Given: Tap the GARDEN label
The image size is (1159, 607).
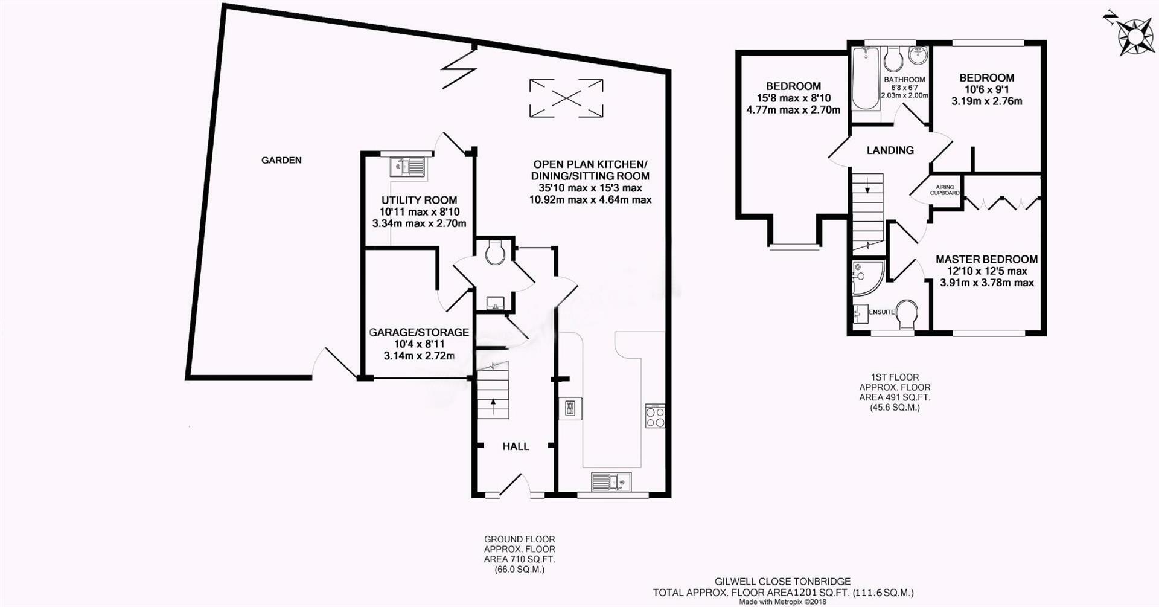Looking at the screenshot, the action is point(281,161).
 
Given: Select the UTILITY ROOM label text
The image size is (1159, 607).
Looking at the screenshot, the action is point(419,200).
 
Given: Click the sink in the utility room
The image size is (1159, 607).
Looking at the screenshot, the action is point(407,166).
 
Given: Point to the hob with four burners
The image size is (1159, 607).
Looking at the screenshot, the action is point(655,416).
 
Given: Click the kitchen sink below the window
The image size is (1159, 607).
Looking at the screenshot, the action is point(611,481).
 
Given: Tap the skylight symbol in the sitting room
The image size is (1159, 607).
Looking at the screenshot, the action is point(566,97).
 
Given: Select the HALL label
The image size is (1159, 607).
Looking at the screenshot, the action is point(516,446).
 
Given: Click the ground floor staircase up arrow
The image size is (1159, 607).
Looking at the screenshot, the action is point(493,405).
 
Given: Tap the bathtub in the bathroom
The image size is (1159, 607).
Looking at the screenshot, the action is point(864,80).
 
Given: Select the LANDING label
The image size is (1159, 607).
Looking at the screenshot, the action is point(890,150).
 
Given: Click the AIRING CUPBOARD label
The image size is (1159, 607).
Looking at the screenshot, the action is point(945,190).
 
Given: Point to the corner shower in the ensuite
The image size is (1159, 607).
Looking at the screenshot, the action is point(867,278).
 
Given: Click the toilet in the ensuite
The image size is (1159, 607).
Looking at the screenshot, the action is point(907,315).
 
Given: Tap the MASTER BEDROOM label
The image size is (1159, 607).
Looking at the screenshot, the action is point(987,259).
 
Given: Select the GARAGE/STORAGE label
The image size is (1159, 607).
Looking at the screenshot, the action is point(419,332).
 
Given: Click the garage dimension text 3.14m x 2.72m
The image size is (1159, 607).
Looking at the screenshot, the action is point(419,356).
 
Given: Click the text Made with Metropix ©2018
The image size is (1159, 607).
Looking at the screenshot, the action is point(782,602).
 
